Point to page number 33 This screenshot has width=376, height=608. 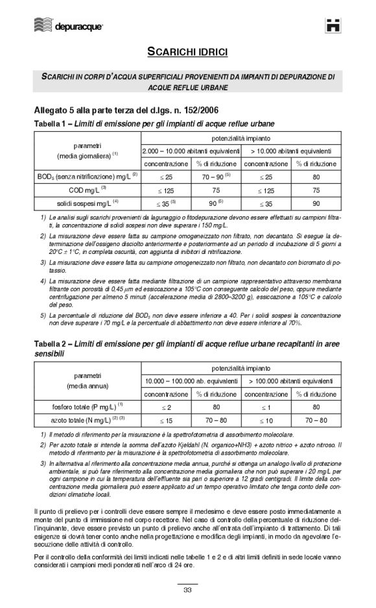click(187, 590)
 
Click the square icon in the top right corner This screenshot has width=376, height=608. click(334, 25)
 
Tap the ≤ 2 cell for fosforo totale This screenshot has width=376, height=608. click(166, 408)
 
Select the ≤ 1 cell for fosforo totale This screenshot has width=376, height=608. click(266, 408)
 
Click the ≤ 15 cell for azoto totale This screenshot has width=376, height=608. click(166, 421)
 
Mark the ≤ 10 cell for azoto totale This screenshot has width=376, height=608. click(266, 421)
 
